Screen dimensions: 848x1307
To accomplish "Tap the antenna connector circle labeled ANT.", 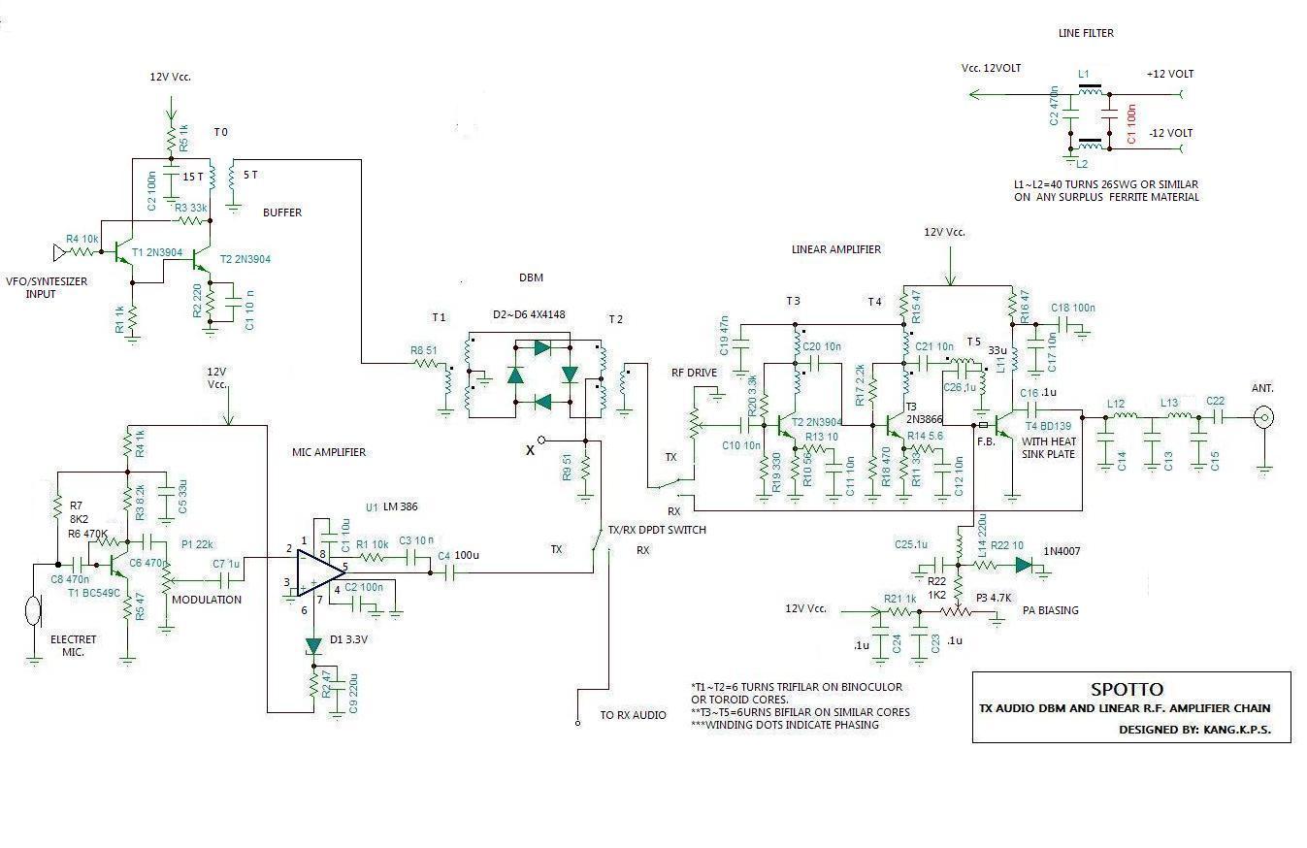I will pyautogui.click(x=1264, y=418).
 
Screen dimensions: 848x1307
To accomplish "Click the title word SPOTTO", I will pyautogui.click(x=1127, y=690).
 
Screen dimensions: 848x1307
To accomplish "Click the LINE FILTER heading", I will pyautogui.click(x=1085, y=33).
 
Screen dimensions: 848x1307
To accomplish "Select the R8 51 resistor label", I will pyautogui.click(x=424, y=351).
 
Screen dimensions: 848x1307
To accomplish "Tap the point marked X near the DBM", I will pyautogui.click(x=530, y=449).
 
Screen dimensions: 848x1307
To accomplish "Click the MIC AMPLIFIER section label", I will pyautogui.click(x=329, y=452).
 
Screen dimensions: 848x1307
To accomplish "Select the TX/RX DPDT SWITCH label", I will pyautogui.click(x=657, y=531).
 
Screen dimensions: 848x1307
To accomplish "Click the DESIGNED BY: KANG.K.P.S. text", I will pyautogui.click(x=1194, y=729).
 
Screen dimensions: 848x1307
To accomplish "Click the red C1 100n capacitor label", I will pyautogui.click(x=1131, y=127).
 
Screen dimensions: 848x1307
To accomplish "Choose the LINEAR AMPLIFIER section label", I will pyautogui.click(x=836, y=249).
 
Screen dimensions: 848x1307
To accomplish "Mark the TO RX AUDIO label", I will pyautogui.click(x=633, y=715).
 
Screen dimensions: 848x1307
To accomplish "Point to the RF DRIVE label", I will pyautogui.click(x=694, y=373).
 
